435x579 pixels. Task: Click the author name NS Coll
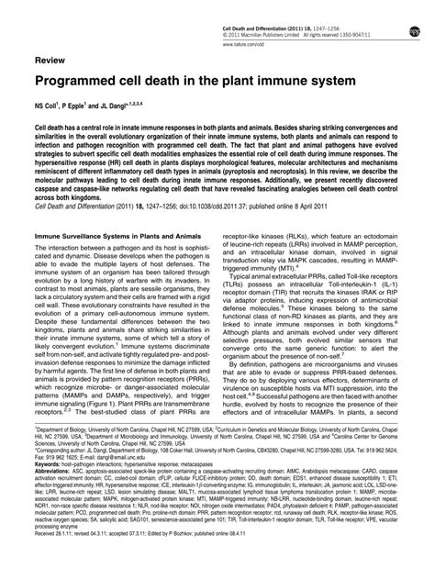tap(50, 106)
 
